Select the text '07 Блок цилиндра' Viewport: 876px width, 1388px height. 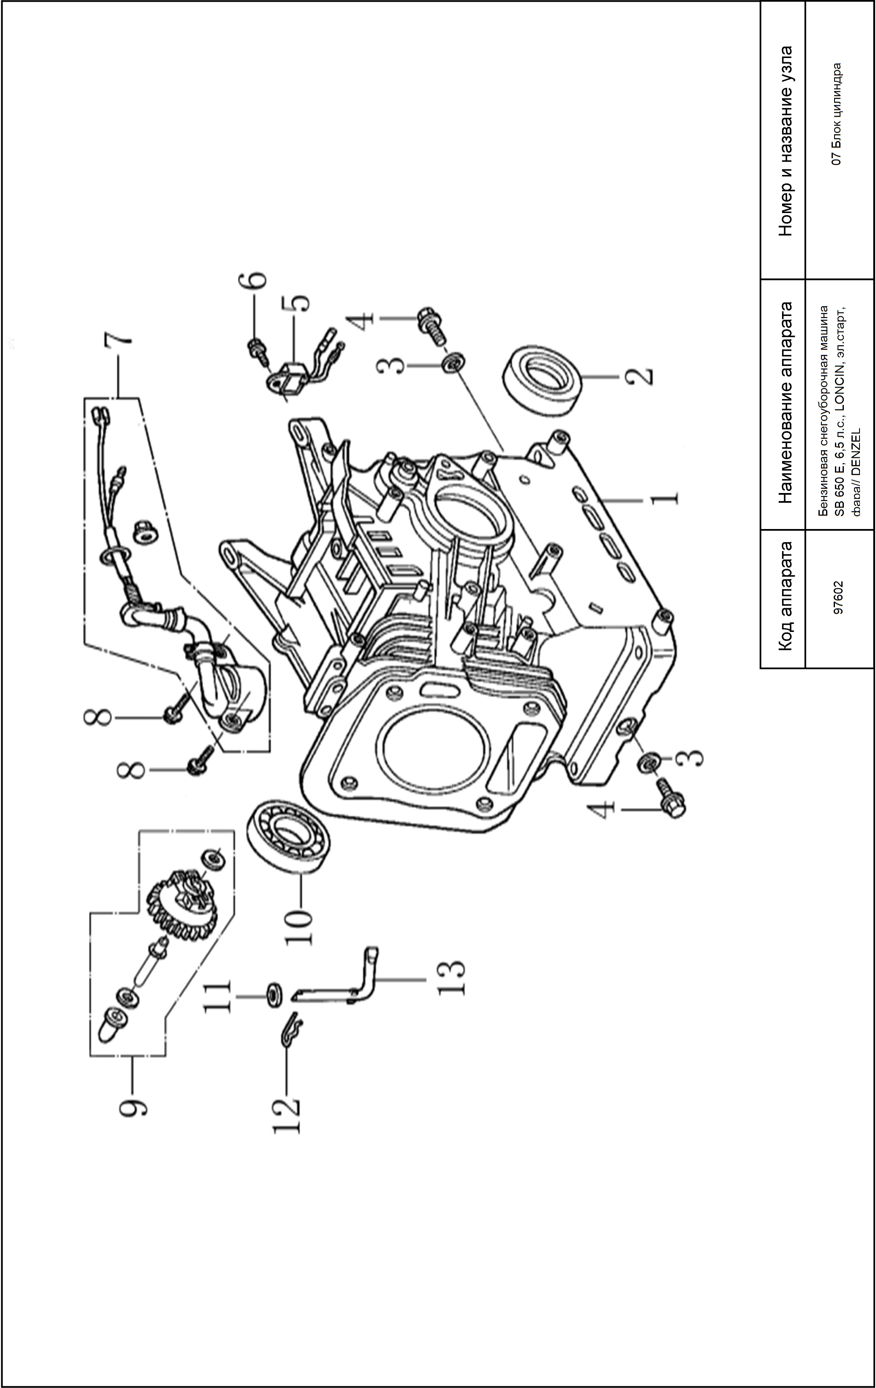click(838, 114)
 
